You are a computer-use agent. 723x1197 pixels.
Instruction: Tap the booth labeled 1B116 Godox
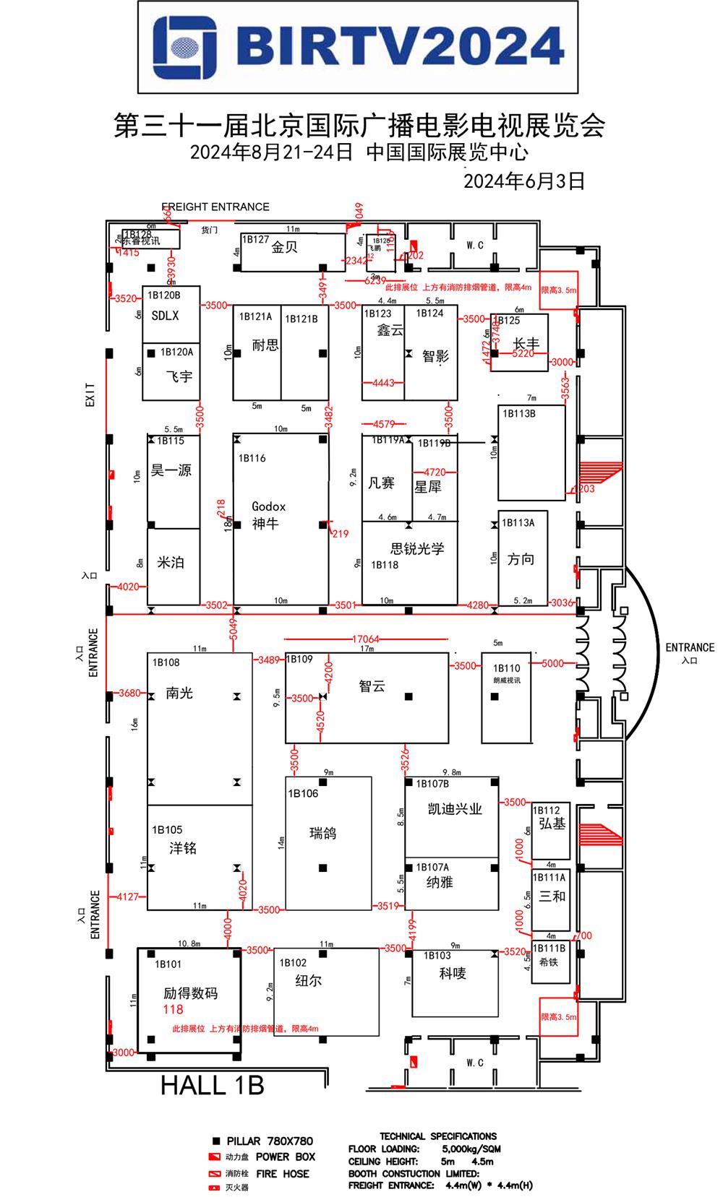coord(281,517)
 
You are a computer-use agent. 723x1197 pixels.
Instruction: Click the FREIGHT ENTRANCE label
coord(215,207)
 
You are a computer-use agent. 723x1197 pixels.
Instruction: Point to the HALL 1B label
coord(212,1085)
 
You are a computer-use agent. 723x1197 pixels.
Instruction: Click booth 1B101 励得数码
coord(189,1000)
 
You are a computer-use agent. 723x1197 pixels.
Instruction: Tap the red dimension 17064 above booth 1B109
coord(366,639)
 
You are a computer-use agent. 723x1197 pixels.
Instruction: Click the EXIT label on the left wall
coord(90,394)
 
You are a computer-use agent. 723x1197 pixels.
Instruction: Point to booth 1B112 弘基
coord(551,829)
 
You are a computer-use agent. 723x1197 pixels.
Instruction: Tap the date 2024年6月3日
coord(523,181)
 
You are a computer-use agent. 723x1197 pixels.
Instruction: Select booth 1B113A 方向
coord(522,558)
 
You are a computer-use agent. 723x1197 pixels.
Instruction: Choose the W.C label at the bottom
coord(474,1063)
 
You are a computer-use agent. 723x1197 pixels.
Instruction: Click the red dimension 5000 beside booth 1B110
coord(552,663)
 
